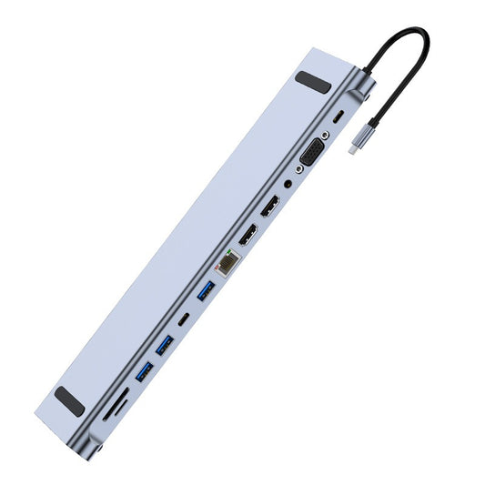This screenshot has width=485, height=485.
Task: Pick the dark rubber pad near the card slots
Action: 70,400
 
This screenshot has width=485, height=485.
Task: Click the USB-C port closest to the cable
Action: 338,117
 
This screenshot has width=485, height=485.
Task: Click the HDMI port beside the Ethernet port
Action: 248,236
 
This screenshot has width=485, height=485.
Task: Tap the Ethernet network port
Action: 226,262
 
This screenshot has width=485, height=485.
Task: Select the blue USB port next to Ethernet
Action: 205,291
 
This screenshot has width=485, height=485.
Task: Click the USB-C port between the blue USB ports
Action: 185,318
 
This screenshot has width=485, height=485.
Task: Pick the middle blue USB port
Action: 164,346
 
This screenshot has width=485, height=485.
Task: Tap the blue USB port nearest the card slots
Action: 144,371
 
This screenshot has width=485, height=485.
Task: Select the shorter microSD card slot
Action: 109,415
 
